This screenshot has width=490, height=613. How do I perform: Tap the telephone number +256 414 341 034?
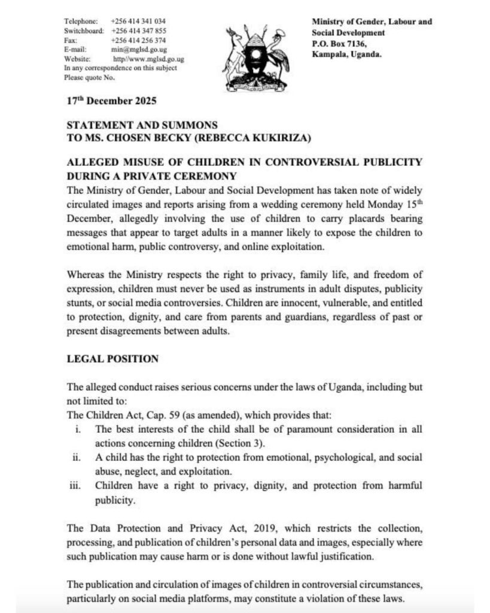(138, 21)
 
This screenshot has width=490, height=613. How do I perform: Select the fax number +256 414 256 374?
(138, 40)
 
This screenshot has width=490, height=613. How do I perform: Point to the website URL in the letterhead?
(148, 59)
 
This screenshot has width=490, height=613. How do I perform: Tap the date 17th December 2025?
(112, 101)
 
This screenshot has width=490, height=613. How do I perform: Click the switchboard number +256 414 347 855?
(138, 31)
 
